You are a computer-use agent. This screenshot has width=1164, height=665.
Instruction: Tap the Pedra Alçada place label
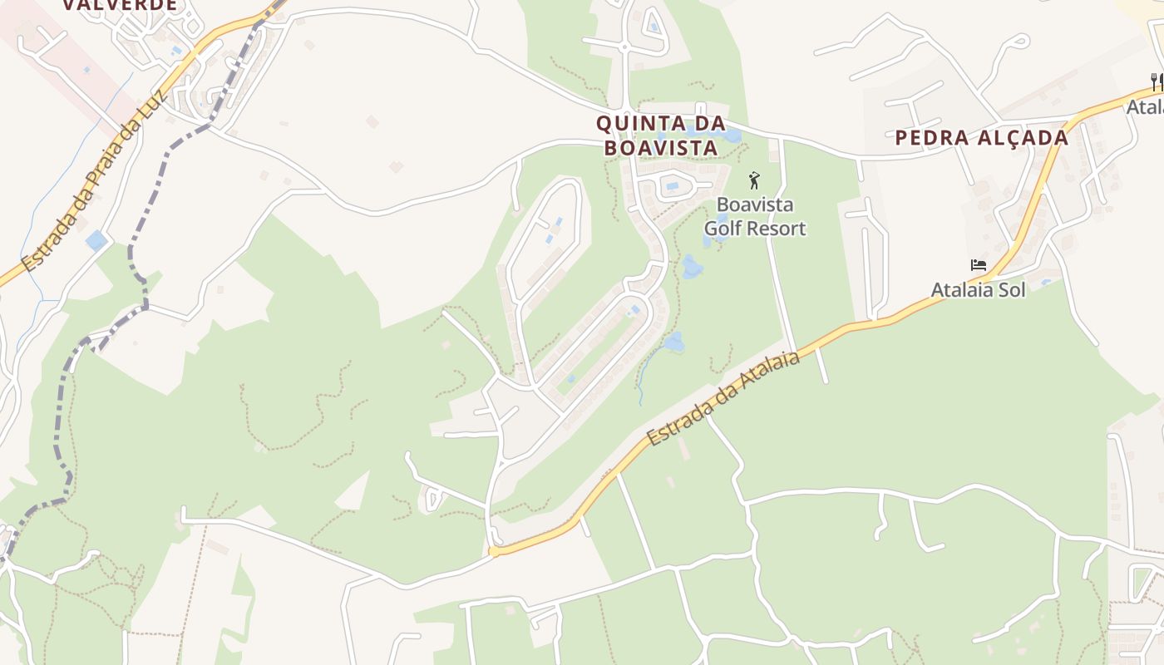981,137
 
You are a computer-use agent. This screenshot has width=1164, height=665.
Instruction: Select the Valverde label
121,5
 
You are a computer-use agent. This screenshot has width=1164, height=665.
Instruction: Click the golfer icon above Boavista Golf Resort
755,180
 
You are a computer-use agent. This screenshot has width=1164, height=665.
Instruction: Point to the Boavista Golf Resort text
755,216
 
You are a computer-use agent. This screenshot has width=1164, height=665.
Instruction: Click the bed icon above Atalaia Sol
979,266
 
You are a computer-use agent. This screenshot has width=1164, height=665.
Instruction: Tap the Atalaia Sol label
978,290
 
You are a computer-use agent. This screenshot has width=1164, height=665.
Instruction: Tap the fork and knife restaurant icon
1156,81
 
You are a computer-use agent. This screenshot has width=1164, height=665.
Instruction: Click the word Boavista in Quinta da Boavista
660,148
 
